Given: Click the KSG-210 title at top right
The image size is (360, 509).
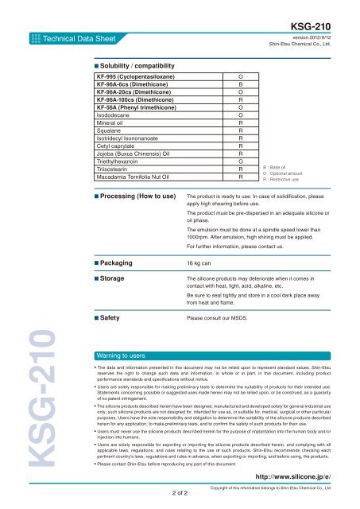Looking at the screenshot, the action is coord(329,25).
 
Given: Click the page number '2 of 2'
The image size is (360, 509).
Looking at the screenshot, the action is coord(179,494).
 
